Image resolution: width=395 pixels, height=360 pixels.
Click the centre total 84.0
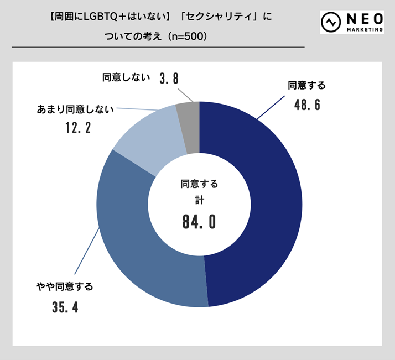click(x=199, y=222)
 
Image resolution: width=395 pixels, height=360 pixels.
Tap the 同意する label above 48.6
click(x=307, y=85)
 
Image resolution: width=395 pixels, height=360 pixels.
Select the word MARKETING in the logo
click(x=363, y=29)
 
